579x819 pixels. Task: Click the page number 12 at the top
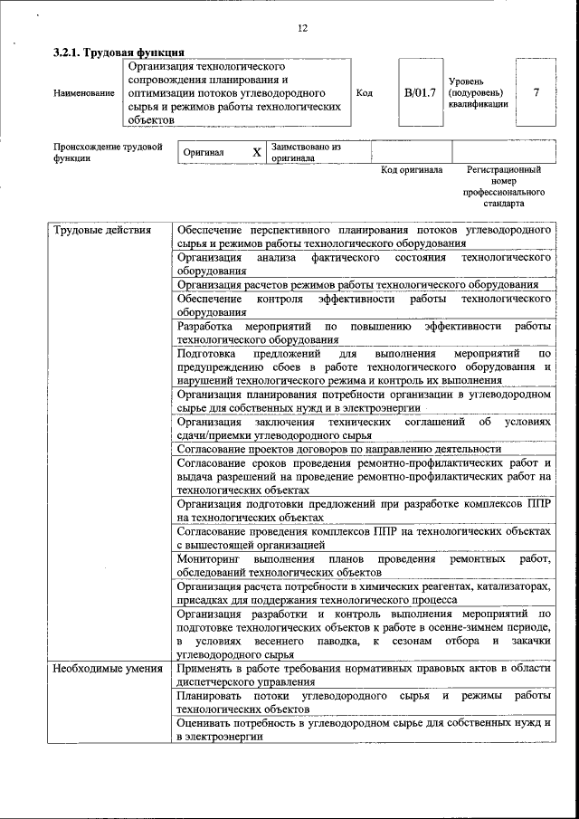coord(302,28)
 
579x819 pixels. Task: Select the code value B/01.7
coord(420,92)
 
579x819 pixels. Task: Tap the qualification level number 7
coord(536,92)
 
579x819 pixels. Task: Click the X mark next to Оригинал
coord(256,153)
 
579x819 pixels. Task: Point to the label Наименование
coord(84,93)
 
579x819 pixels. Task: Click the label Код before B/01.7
coord(365,92)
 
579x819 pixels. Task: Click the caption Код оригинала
coord(411,169)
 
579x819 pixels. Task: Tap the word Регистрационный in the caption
coord(504,169)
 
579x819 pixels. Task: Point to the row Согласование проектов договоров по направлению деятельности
coord(338,449)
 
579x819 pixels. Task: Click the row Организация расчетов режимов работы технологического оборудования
coord(358,284)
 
